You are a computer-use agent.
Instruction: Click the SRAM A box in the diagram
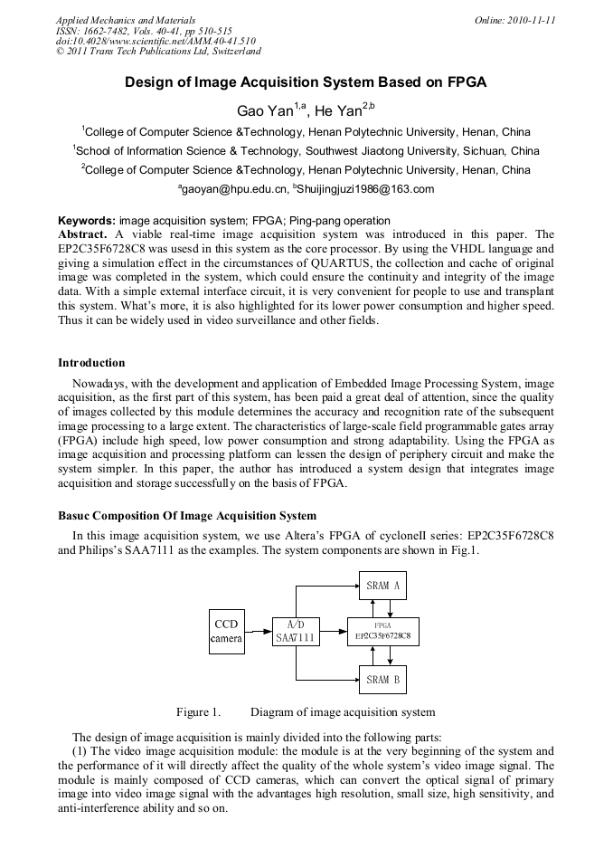tap(383, 586)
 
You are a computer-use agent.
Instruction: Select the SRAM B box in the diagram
tap(383, 679)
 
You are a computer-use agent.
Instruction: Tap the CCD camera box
tap(226, 631)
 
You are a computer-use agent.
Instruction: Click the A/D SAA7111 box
tap(296, 631)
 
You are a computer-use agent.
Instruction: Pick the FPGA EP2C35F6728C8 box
tap(383, 631)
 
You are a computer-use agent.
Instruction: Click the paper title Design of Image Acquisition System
tap(306, 81)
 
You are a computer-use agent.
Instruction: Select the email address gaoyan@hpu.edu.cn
tap(233, 189)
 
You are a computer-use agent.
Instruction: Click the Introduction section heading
tap(91, 363)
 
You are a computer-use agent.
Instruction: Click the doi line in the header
tap(156, 41)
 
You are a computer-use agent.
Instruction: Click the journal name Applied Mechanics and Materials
tap(126, 20)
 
